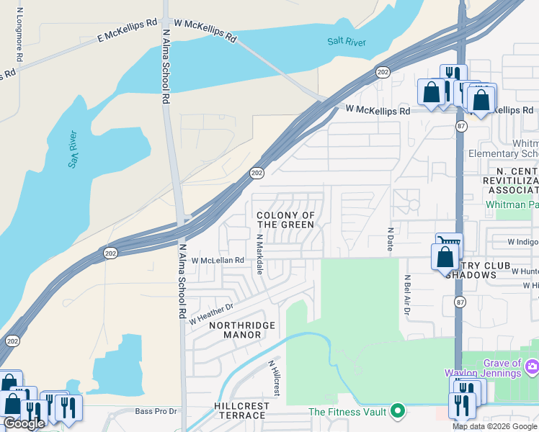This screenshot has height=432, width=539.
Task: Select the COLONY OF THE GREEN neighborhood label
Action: coord(286,220)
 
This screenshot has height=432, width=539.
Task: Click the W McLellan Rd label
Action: coord(218,260)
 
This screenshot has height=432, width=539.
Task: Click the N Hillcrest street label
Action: coord(274,378)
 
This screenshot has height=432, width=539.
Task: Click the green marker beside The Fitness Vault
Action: coord(397,412)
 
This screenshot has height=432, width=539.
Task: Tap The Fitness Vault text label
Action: coord(347,412)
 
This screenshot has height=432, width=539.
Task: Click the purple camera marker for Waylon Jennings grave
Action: coord(532,367)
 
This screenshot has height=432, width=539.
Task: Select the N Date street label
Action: coord(390,238)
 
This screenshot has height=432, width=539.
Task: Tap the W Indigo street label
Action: coord(522,243)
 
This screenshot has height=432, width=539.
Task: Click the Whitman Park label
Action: coord(512,204)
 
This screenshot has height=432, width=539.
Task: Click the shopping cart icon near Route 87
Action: coord(448,243)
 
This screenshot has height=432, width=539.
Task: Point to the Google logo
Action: coord(24,423)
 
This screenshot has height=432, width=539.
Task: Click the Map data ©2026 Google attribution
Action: coord(494,426)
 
